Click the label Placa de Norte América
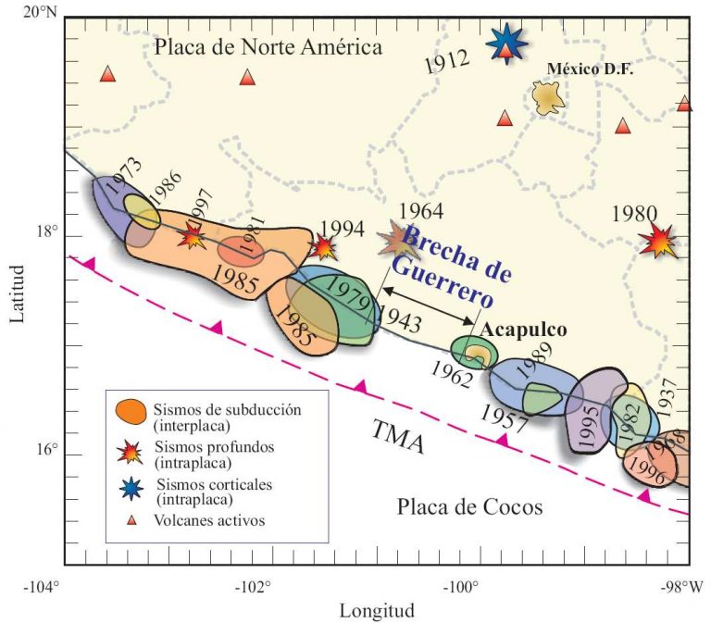(268, 47)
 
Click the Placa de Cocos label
(469, 506)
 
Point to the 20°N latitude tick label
(39, 13)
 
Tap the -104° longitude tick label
(41, 586)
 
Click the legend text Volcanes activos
(211, 520)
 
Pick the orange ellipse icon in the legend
(131, 409)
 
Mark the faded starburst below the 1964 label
(399, 242)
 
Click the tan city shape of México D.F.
(549, 96)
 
